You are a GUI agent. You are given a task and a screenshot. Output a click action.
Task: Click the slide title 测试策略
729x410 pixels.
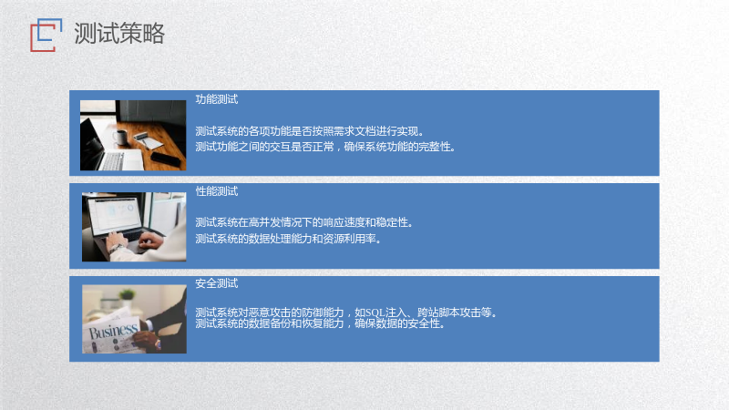[x=119, y=34]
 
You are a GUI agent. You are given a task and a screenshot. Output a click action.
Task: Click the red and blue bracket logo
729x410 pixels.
[x=46, y=35]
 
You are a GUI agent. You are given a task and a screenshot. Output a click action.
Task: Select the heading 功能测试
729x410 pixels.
[x=217, y=99]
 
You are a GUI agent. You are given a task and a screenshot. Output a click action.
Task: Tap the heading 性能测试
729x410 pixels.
[x=217, y=191]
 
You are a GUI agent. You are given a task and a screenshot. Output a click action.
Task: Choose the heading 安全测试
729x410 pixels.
[x=217, y=283]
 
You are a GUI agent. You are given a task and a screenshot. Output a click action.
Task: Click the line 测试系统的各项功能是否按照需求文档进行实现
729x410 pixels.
[x=309, y=131]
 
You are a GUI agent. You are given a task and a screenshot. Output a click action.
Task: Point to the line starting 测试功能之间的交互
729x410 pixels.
[x=325, y=147]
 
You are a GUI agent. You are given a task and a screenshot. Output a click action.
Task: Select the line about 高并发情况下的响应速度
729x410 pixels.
[x=304, y=222]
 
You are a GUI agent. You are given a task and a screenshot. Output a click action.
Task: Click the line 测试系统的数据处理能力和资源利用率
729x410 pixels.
[x=288, y=239]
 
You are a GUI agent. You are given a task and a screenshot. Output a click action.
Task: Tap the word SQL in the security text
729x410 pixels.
[x=375, y=313]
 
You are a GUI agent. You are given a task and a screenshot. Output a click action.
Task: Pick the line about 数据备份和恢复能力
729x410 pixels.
[x=320, y=323]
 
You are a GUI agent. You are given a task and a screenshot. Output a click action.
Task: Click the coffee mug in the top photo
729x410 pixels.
[x=120, y=138]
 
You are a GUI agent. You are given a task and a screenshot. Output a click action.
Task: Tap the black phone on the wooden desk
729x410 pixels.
[x=166, y=159]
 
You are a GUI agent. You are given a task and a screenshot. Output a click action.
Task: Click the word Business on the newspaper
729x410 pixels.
[x=113, y=331]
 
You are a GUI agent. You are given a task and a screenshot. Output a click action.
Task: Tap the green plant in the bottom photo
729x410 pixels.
[x=127, y=294]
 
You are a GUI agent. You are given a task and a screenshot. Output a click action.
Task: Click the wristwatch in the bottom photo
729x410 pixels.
[x=158, y=344]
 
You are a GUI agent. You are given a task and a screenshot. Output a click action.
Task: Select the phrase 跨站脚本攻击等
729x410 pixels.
[x=457, y=313]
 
